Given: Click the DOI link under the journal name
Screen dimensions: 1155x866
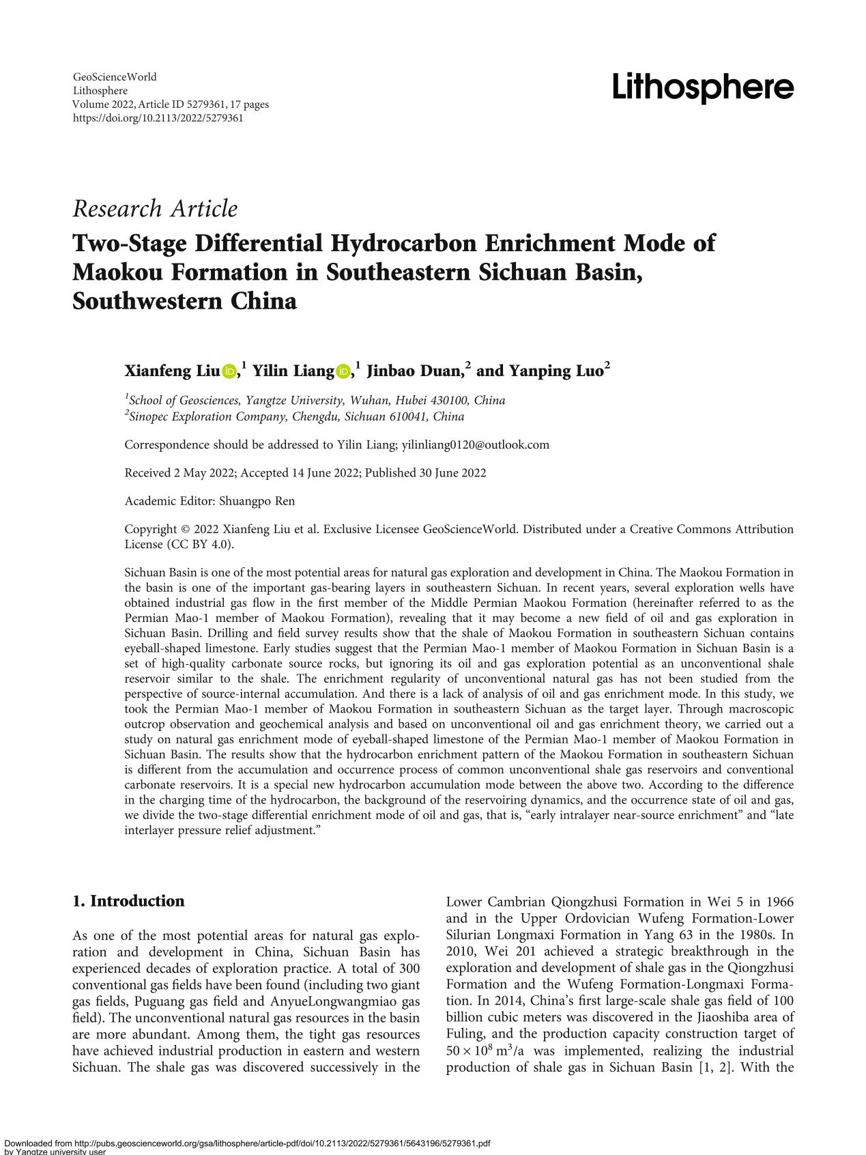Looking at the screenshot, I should [x=158, y=118].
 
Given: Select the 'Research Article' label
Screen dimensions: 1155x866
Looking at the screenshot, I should [x=155, y=208].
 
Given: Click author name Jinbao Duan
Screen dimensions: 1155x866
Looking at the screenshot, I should [x=415, y=371].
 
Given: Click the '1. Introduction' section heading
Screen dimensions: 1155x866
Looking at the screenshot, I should [x=128, y=901].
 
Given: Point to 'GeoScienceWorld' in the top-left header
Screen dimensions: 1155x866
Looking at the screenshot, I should [x=114, y=77].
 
